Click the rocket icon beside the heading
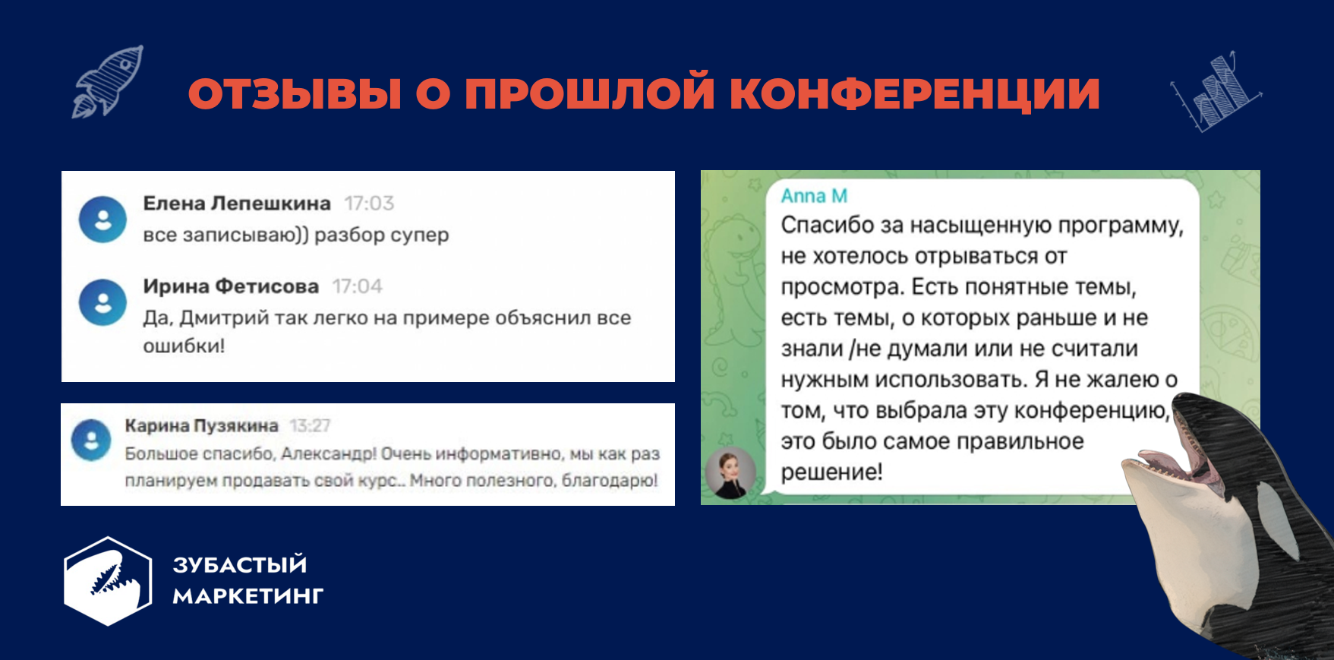tap(107, 82)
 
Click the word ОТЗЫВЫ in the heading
tap(295, 94)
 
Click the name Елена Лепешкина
tap(237, 204)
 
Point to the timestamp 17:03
tap(369, 204)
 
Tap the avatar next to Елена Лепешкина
tap(102, 219)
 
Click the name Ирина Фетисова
tap(231, 286)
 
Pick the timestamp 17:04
tap(357, 286)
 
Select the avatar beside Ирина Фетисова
tap(102, 302)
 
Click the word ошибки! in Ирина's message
tap(184, 346)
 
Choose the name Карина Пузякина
tap(201, 426)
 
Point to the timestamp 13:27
tap(310, 426)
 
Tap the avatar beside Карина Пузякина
tap(91, 440)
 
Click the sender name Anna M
tap(814, 196)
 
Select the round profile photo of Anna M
tap(730, 472)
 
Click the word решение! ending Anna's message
tap(831, 472)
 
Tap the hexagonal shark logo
tap(108, 581)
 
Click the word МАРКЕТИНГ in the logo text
tap(248, 597)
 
